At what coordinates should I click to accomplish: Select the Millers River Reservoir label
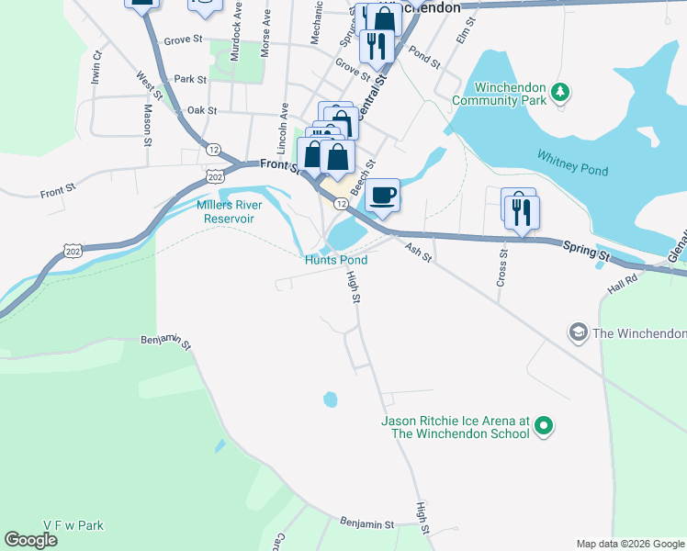pos(224,212)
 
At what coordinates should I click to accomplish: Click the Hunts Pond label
pos(336,261)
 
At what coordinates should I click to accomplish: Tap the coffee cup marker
pos(382,197)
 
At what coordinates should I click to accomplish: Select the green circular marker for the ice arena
pos(543,425)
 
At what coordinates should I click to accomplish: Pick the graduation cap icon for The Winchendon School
pos(578,332)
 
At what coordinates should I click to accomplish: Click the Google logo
pos(30,540)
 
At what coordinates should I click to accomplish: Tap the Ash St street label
pos(417,249)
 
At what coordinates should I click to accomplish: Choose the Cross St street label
pos(501,267)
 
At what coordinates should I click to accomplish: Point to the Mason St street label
pos(147,125)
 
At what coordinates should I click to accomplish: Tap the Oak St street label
pos(200,110)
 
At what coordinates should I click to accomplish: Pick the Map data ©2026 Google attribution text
pos(630,544)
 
